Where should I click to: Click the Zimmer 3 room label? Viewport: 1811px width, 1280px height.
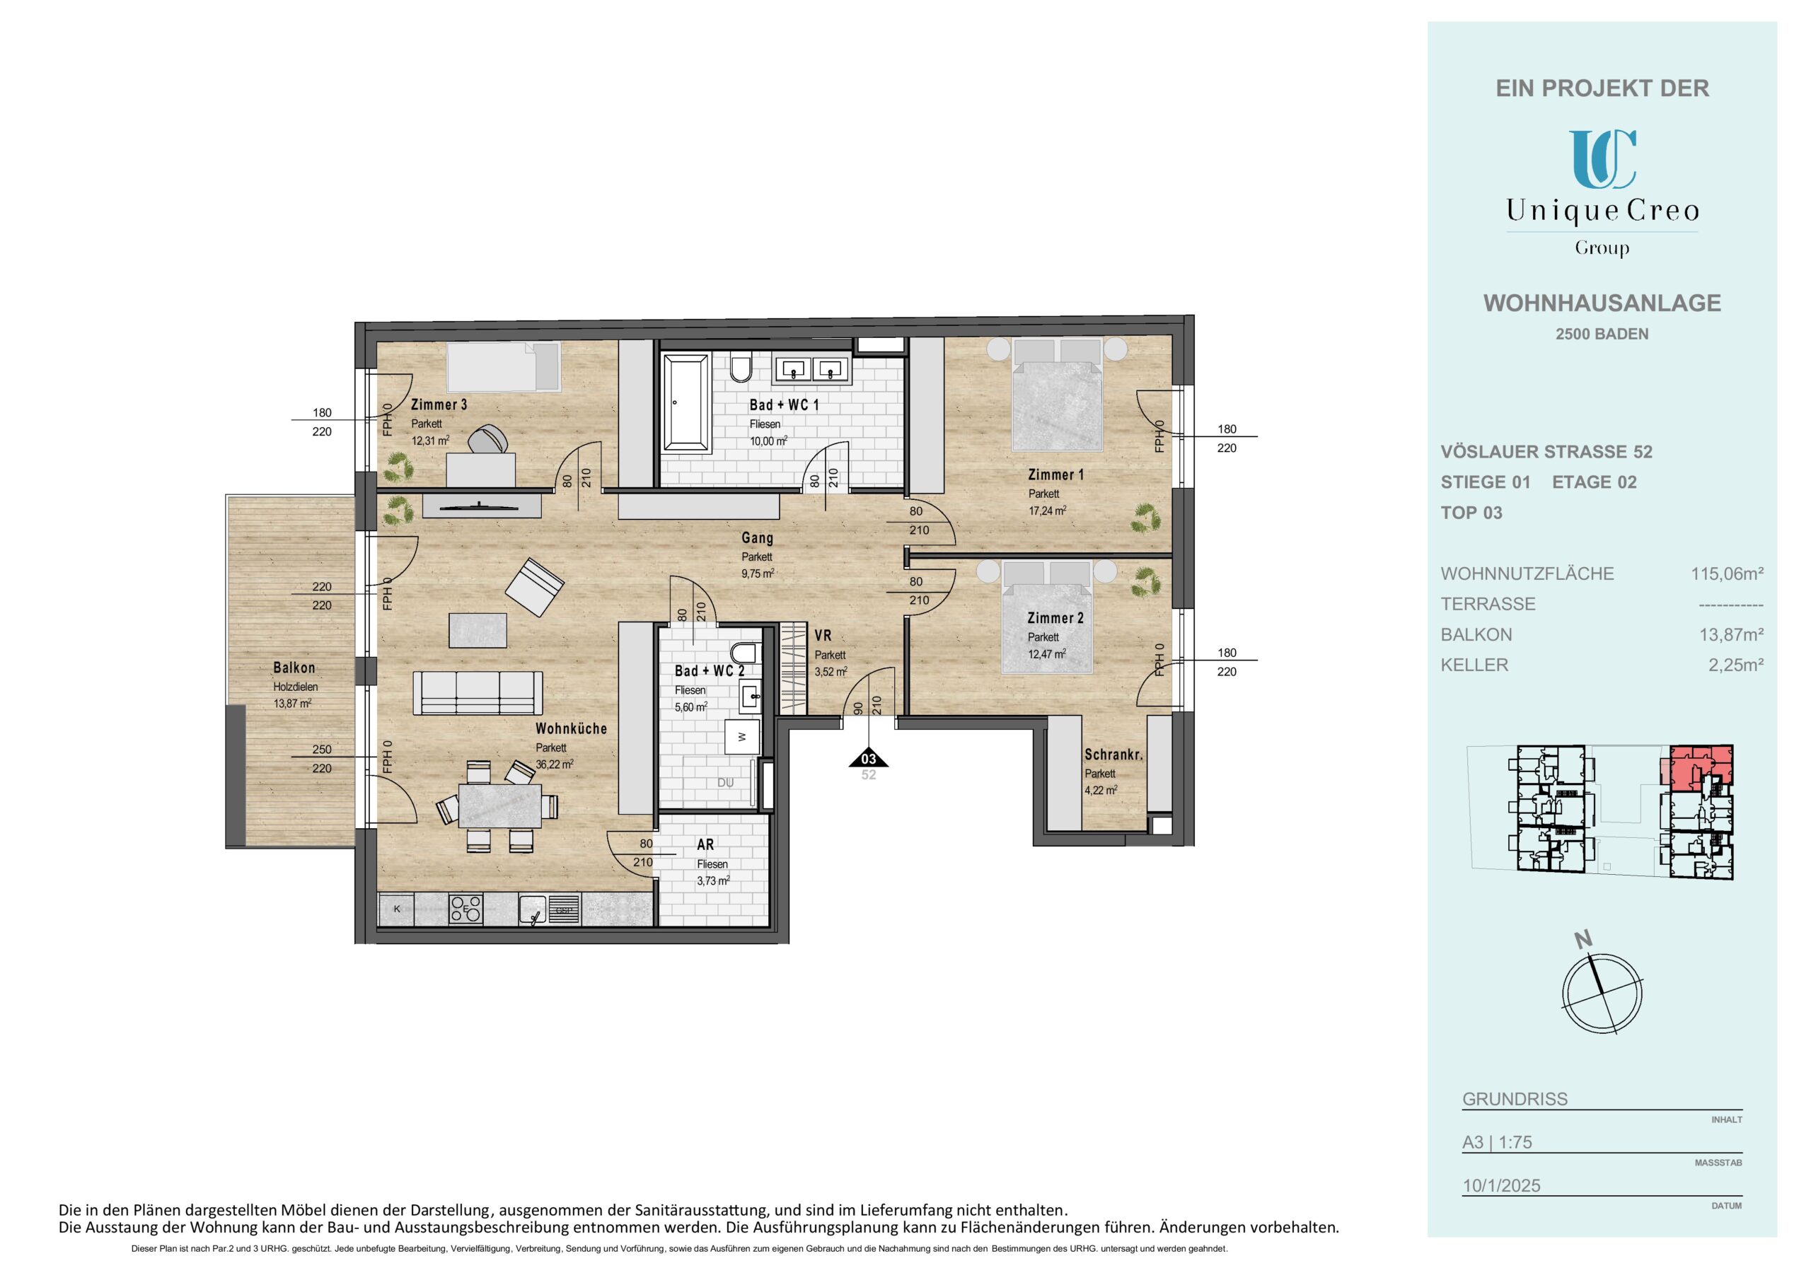439,405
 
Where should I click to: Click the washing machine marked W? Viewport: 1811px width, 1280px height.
741,738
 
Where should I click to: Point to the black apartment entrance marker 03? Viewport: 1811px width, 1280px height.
869,758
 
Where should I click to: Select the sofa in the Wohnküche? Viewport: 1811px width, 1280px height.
479,693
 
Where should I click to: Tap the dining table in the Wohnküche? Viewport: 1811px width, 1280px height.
500,805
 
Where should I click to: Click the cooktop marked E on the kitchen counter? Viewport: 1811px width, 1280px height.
465,909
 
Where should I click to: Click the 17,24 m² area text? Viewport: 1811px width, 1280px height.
1047,511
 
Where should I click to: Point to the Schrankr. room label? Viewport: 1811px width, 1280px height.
1113,755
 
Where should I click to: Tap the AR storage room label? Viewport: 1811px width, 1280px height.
705,844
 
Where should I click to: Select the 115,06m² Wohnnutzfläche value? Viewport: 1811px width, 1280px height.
1727,574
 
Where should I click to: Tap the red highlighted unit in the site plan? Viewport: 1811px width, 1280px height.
1697,767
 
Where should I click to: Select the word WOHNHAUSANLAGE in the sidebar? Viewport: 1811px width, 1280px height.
1602,303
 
